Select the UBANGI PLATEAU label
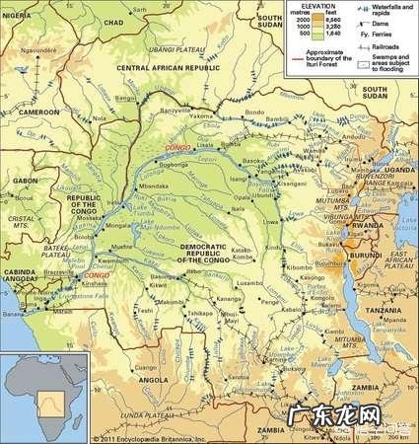click(x=182, y=46)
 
